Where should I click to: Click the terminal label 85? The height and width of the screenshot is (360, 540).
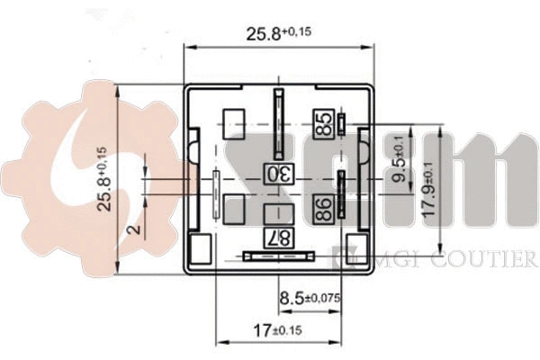[324, 124]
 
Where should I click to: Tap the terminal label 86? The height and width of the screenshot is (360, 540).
[324, 209]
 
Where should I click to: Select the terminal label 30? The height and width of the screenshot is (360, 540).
[279, 174]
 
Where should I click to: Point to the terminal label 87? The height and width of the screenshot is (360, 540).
[279, 238]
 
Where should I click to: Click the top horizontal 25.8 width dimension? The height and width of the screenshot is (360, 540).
[279, 33]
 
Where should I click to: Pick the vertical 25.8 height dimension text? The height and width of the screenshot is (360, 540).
[104, 179]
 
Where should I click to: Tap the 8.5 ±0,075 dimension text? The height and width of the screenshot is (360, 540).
[310, 297]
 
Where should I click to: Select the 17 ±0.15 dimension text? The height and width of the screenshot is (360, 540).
[277, 330]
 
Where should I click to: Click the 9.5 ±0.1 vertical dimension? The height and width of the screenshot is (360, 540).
[400, 158]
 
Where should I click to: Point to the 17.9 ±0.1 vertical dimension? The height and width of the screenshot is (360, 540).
[429, 190]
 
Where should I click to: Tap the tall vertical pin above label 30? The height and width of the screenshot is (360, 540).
[279, 124]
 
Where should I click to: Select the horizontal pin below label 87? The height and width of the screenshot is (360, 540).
[279, 256]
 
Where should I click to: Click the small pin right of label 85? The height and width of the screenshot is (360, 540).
[341, 124]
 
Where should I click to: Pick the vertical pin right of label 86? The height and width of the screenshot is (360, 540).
[341, 194]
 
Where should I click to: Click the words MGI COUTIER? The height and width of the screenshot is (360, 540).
[445, 257]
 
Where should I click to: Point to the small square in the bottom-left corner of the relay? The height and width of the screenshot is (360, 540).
[201, 248]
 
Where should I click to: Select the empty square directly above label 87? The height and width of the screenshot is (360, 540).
[279, 214]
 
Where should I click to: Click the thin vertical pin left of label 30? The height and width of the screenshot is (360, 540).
[216, 194]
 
